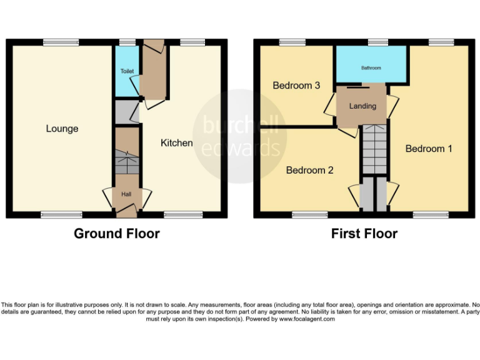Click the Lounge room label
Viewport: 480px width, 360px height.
tap(62, 129)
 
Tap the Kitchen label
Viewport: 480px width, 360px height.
tap(177, 143)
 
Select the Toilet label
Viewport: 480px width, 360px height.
tap(127, 71)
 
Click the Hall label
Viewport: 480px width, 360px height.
tap(127, 195)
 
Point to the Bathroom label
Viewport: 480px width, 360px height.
tap(371, 68)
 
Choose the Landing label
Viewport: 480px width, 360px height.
tap(362, 106)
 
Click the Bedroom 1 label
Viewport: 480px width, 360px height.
tap(429, 149)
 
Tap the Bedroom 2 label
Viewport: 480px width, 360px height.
tap(309, 170)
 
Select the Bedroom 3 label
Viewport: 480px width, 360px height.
tap(296, 86)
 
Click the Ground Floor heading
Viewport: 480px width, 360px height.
tap(117, 234)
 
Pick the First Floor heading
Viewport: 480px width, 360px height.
tap(364, 234)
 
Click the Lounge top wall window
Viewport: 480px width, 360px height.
tap(61, 42)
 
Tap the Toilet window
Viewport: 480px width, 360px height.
tap(127, 42)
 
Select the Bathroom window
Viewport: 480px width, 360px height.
tap(377, 42)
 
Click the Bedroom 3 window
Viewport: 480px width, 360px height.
tap(292, 42)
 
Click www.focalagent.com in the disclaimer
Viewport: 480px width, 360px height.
tap(307, 319)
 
